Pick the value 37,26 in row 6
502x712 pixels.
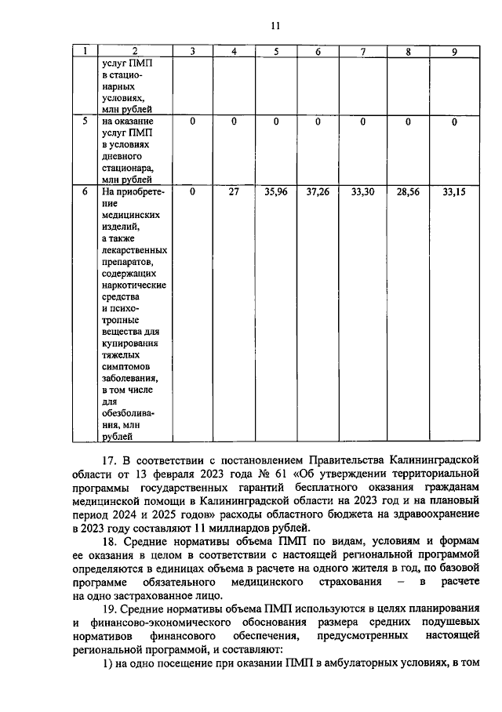click(x=318, y=191)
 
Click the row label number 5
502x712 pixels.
click(x=85, y=122)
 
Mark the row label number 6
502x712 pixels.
click(x=85, y=191)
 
